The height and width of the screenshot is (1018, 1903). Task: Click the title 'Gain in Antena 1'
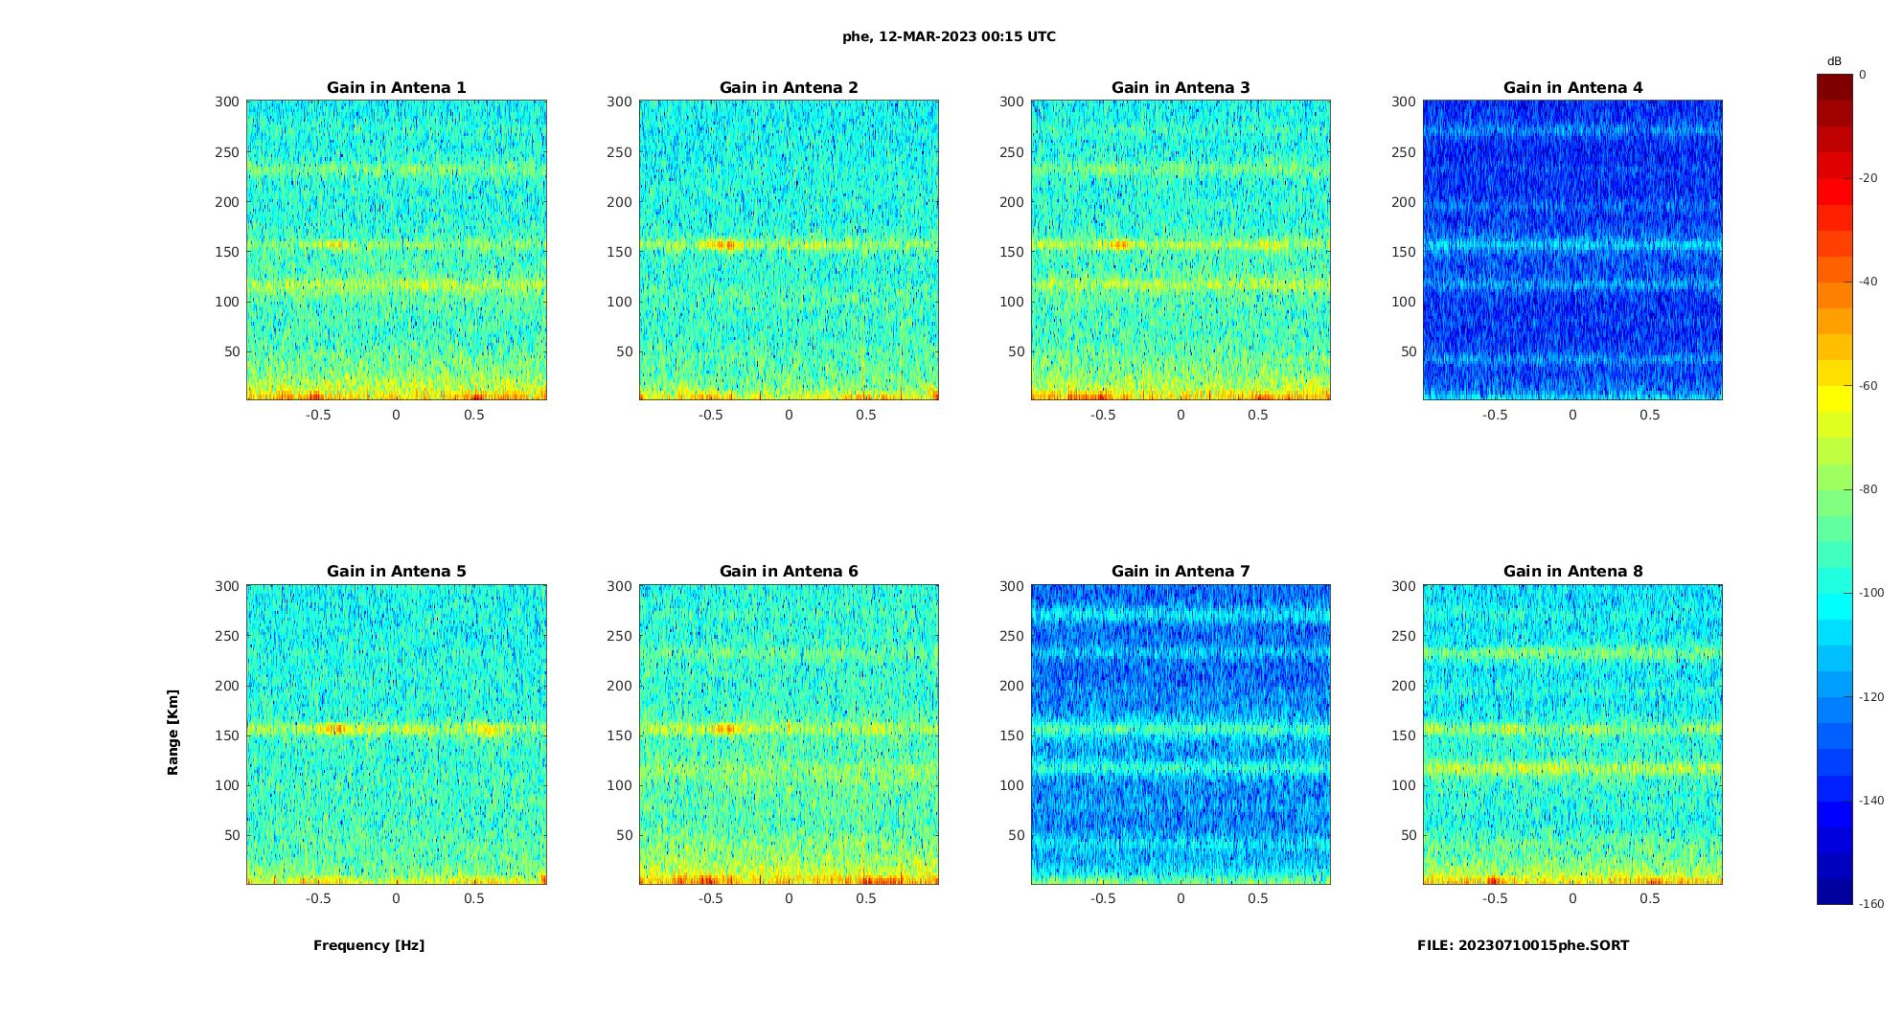pyautogui.click(x=396, y=88)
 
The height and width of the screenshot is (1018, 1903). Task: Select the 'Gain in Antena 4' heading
pyautogui.click(x=1572, y=88)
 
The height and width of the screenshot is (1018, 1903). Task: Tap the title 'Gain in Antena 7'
pyautogui.click(x=1181, y=572)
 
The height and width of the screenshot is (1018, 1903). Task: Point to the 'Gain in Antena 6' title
pyautogui.click(x=789, y=572)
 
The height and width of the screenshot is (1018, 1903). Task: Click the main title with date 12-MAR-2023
pyautogui.click(x=949, y=37)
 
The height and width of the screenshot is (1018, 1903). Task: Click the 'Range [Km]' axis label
pyautogui.click(x=173, y=733)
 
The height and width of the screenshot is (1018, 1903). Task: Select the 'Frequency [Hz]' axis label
pyautogui.click(x=369, y=945)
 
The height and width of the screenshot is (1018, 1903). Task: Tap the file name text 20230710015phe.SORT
pyautogui.click(x=1523, y=945)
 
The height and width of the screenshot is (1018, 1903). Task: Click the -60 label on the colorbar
pyautogui.click(x=1868, y=386)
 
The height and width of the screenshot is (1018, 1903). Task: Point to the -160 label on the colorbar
pyautogui.click(x=1870, y=904)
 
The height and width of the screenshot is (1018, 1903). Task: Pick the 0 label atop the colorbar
pyautogui.click(x=1862, y=75)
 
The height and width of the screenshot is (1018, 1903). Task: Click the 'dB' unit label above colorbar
pyautogui.click(x=1834, y=61)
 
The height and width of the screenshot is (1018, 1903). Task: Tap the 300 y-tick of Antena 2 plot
pyautogui.click(x=619, y=102)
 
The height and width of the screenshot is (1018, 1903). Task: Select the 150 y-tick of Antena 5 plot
pyautogui.click(x=227, y=735)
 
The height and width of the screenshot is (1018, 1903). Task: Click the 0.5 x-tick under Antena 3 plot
pyautogui.click(x=1258, y=415)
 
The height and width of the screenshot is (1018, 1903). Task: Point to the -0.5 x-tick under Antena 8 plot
pyautogui.click(x=1495, y=898)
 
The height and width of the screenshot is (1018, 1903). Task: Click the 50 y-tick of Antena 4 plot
pyautogui.click(x=1408, y=351)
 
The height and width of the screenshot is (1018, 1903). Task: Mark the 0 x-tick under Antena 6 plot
pyautogui.click(x=789, y=898)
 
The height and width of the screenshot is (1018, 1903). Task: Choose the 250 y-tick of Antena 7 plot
pyautogui.click(x=1012, y=636)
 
